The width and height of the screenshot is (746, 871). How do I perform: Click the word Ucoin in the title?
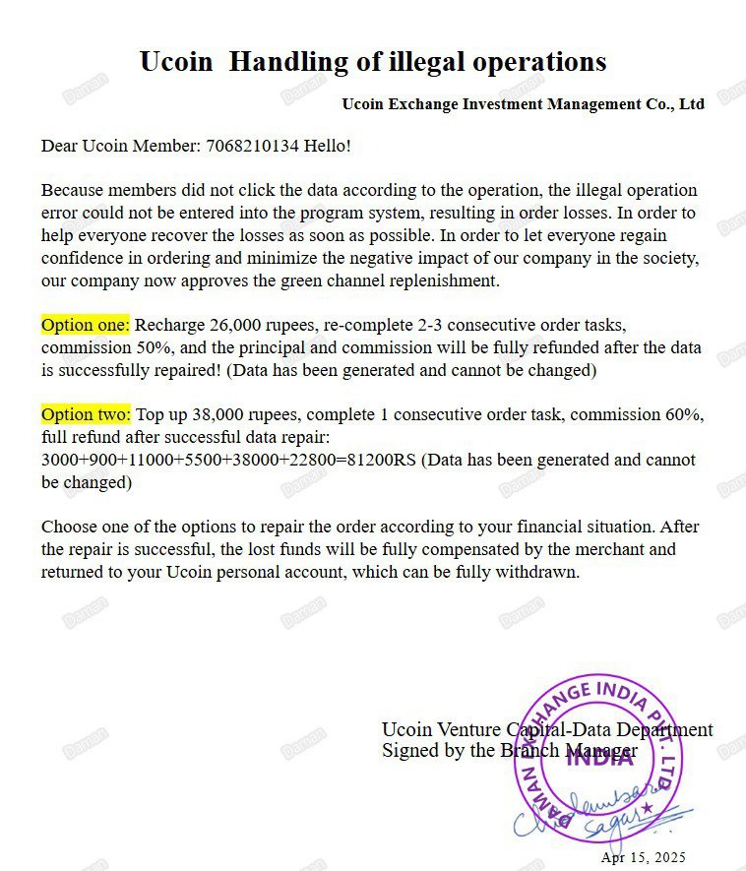(x=176, y=62)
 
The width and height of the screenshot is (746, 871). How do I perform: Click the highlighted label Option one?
(x=85, y=325)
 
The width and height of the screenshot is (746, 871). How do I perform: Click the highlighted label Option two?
(x=85, y=414)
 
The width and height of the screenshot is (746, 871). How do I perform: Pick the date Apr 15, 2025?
(x=643, y=858)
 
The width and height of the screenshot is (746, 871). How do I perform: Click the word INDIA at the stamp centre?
(x=600, y=758)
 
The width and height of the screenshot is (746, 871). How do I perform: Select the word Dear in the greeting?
(x=59, y=147)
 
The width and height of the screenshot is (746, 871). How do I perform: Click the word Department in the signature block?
(x=665, y=730)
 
